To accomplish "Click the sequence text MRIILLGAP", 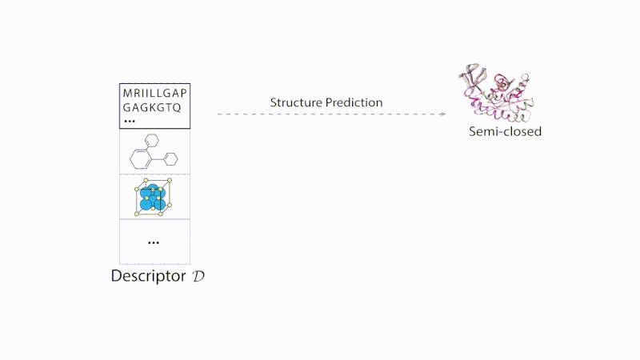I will coord(154,93).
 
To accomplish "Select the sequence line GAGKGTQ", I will coord(152,106).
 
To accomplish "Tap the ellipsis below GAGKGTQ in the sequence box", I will coord(129,121).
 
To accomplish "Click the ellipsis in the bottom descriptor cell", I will coord(154,242).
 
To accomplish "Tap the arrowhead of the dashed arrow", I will coord(442,114).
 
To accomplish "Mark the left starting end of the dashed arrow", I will coord(218,114).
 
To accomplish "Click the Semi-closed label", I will coord(505,131).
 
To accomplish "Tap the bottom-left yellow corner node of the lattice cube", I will coord(137,214).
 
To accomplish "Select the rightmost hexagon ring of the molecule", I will coord(170,158).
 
